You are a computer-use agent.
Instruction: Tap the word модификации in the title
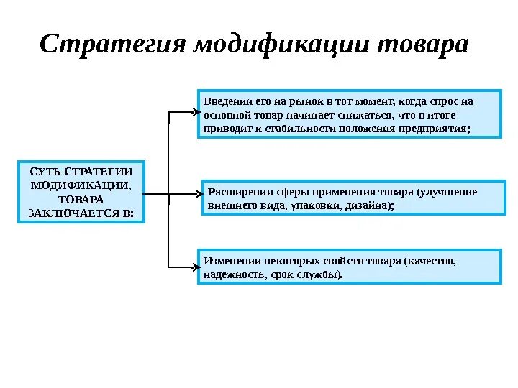point(281,45)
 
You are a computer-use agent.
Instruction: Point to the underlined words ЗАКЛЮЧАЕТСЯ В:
point(81,213)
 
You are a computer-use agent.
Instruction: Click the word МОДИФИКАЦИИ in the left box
point(81,185)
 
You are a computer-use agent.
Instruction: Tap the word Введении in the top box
point(225,101)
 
